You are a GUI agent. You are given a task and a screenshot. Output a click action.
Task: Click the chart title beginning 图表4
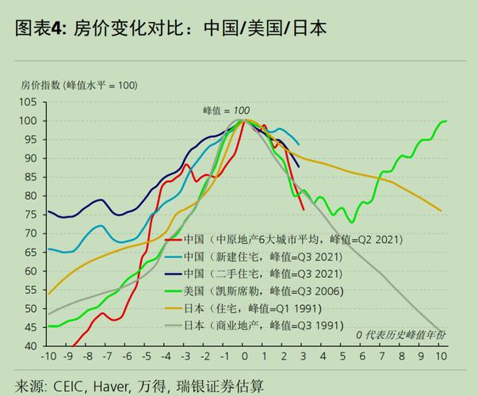click(x=171, y=29)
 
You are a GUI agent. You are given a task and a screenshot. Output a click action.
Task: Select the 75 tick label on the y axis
click(x=30, y=214)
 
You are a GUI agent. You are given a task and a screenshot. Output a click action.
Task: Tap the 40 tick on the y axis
click(x=30, y=346)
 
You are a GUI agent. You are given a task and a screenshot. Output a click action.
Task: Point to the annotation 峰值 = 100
click(x=226, y=110)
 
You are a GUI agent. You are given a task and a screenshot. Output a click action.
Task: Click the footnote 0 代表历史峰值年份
click(x=400, y=335)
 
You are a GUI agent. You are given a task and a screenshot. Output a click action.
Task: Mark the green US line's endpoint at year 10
click(x=446, y=121)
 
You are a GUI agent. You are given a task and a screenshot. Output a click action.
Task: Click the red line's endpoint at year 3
click(x=304, y=210)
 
